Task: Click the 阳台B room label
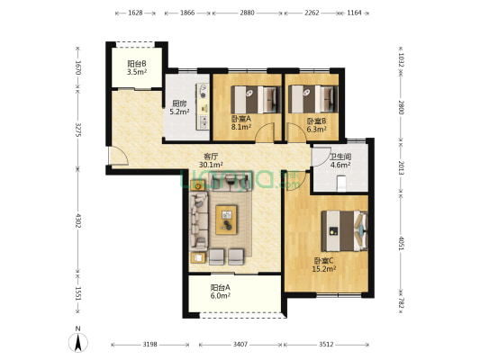(x=137, y=64)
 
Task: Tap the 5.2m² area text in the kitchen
(x=179, y=112)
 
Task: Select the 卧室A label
(x=241, y=119)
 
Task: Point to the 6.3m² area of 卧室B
(x=316, y=130)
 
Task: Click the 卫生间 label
(x=340, y=157)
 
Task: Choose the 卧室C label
(x=323, y=261)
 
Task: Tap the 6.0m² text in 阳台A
(x=221, y=296)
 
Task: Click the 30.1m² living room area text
(x=211, y=165)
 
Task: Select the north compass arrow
(x=78, y=342)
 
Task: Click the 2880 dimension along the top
(x=247, y=13)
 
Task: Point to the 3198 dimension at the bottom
(x=150, y=345)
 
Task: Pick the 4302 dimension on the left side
(x=78, y=220)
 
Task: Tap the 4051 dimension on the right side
(x=401, y=243)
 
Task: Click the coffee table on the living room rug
(x=226, y=220)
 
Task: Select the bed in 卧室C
(x=344, y=231)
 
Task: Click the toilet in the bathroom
(x=341, y=184)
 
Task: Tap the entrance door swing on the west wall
(x=119, y=156)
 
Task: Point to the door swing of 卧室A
(x=265, y=132)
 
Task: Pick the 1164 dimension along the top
(x=355, y=13)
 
